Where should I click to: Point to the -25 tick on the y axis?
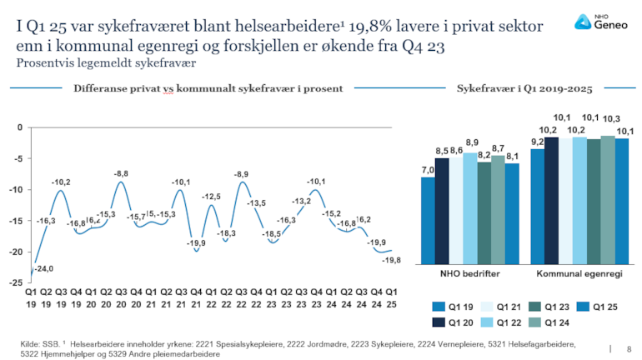point(18,283)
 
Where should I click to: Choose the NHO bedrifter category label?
point(463,272)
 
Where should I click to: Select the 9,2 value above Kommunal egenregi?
point(538,142)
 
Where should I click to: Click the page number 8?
point(628,348)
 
